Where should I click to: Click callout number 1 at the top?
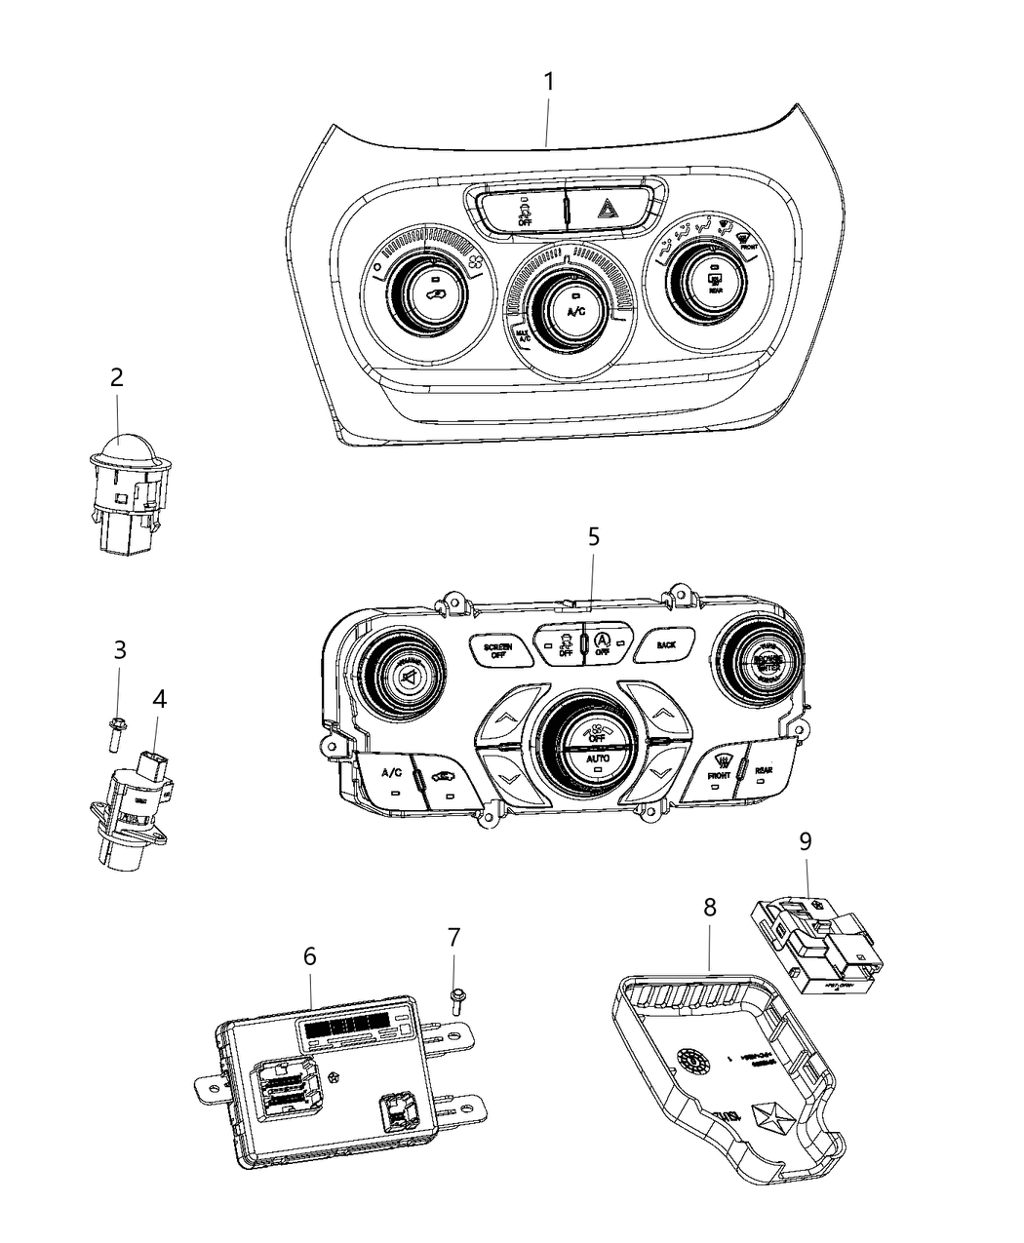coord(548,82)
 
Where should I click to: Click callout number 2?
coord(116,377)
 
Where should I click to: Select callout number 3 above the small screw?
coord(120,648)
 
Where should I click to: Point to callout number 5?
coord(593,537)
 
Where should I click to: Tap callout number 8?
coord(709,907)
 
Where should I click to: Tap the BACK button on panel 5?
coord(666,645)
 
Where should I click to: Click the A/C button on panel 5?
coord(391,773)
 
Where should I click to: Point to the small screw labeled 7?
coord(456,1001)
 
